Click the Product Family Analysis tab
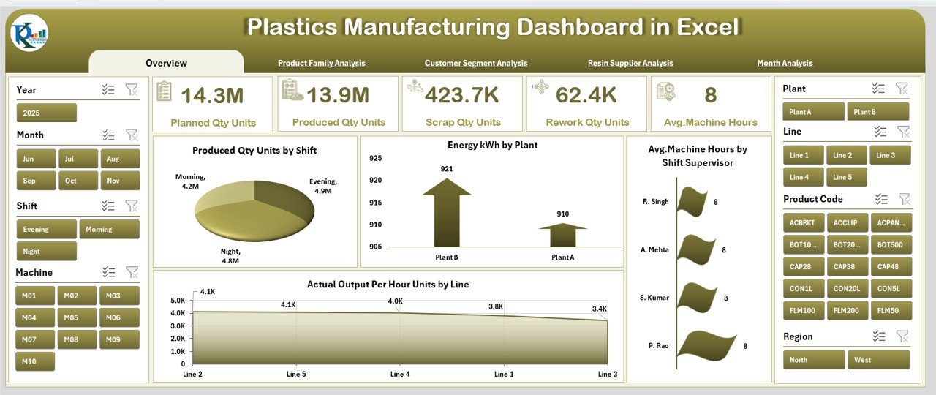tap(321, 64)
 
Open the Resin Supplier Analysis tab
tap(630, 64)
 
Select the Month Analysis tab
tap(785, 64)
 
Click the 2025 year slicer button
tap(46, 113)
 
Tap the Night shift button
tap(46, 252)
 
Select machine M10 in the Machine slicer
tap(35, 361)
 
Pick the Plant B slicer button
tap(877, 112)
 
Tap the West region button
tap(877, 360)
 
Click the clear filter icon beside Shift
tap(132, 206)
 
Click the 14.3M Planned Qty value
tap(212, 96)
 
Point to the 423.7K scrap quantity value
tap(462, 96)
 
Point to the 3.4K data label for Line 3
tap(599, 309)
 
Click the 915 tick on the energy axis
tap(374, 203)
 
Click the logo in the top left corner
tap(30, 34)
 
